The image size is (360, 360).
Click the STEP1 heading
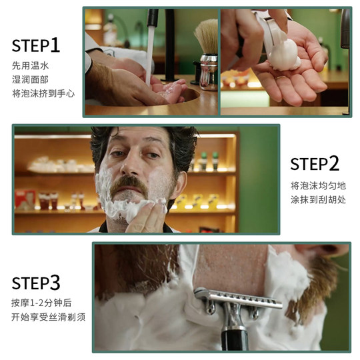tap(36, 45)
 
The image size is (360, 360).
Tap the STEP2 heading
tap(315, 163)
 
